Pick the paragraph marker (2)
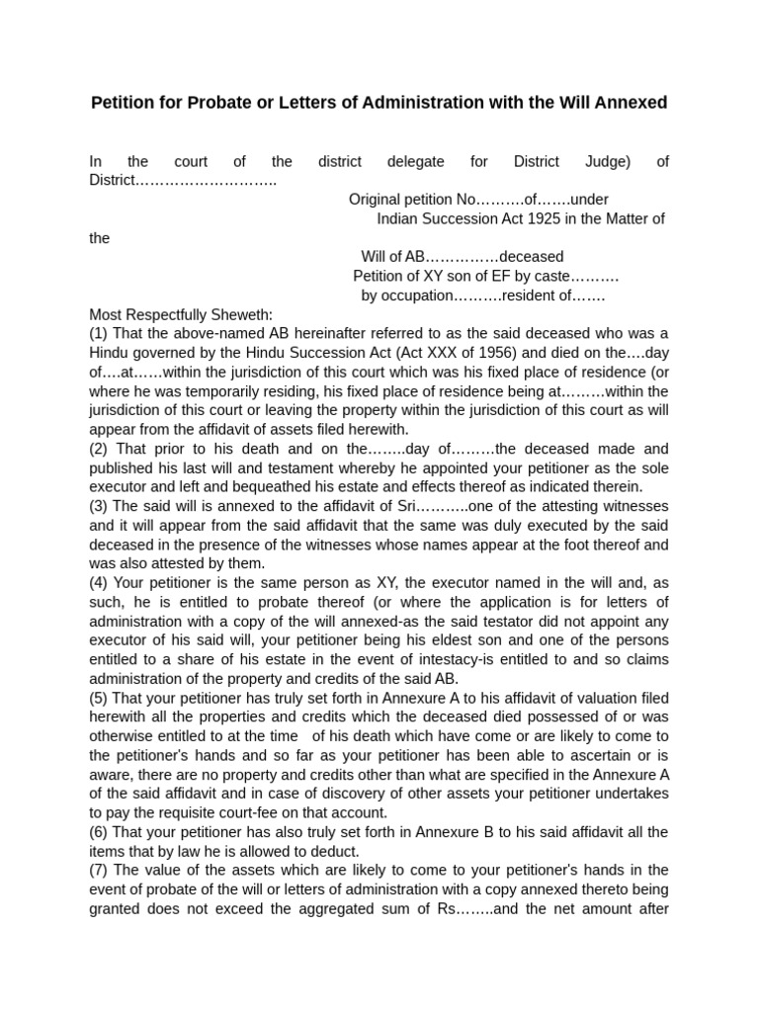pyautogui.click(x=100, y=449)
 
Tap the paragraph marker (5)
pyautogui.click(x=100, y=698)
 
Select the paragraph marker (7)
pyautogui.click(x=100, y=870)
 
